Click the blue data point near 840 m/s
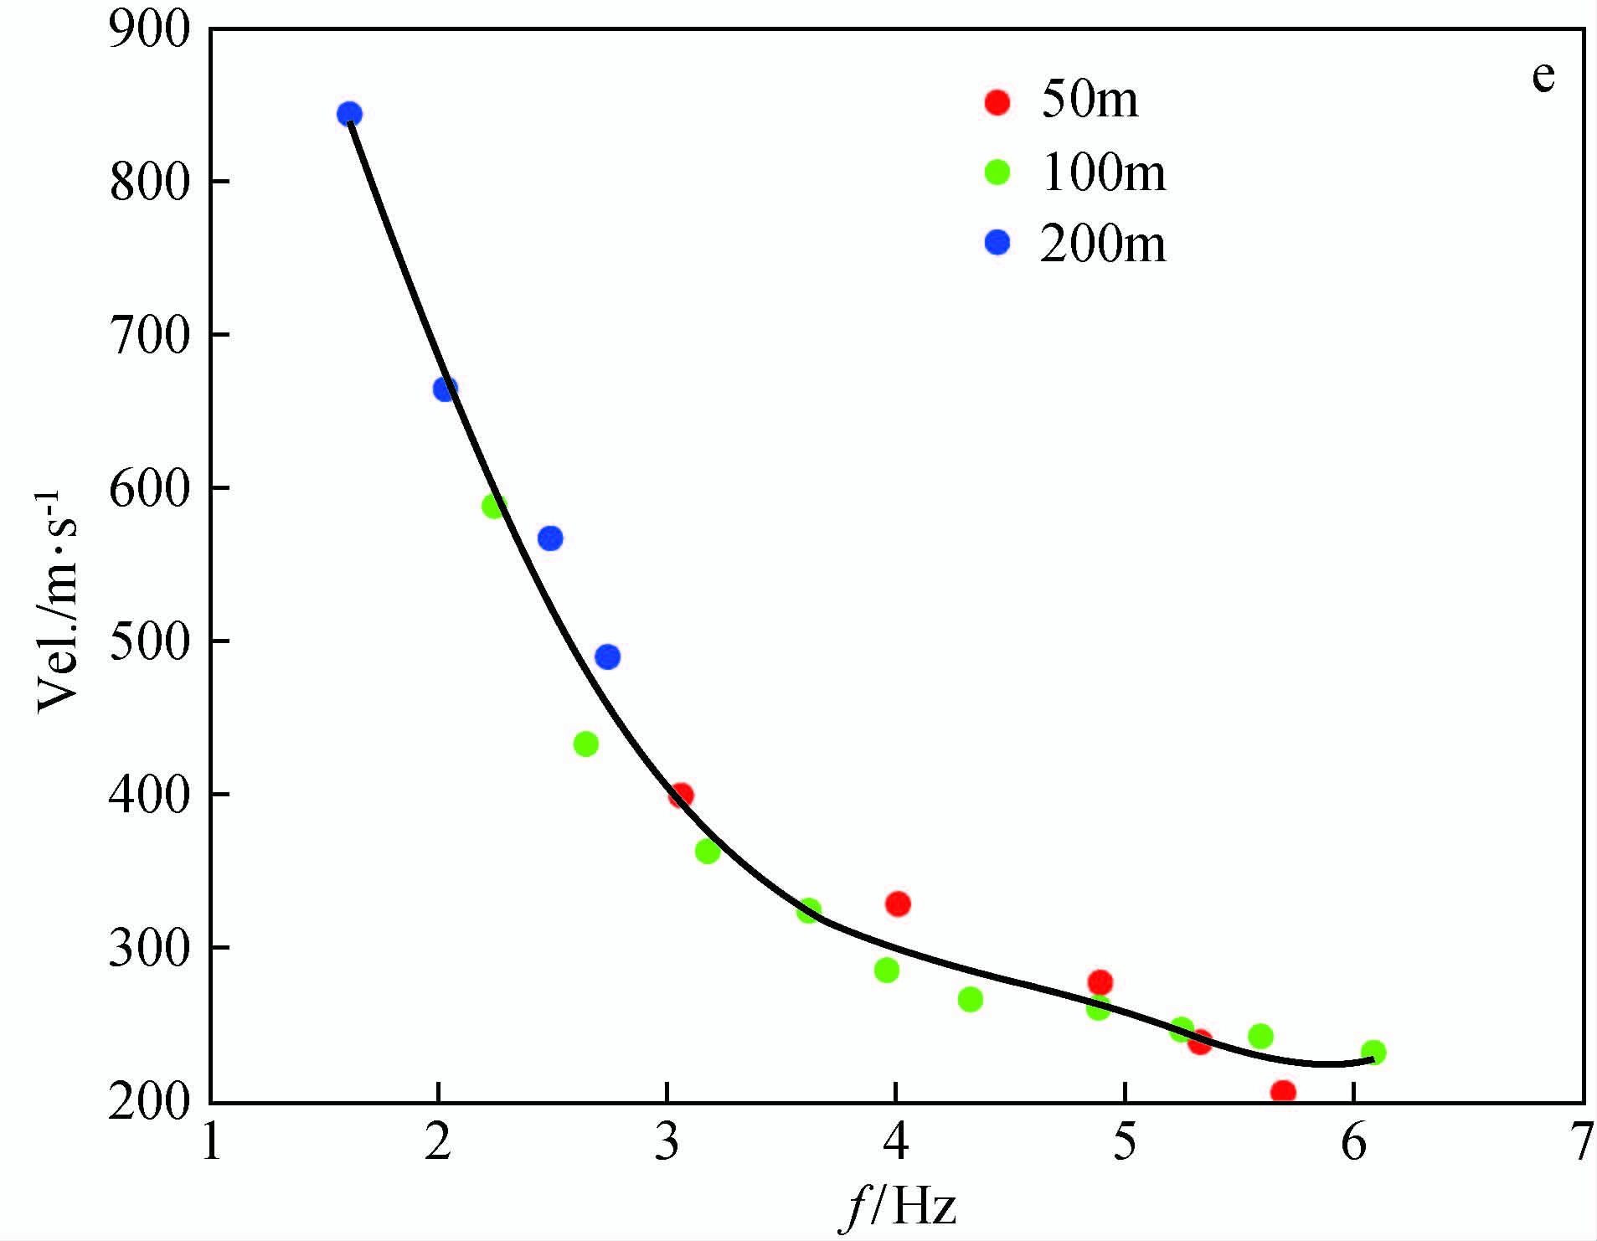pos(349,114)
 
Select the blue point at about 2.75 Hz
pos(608,657)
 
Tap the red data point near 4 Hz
pos(898,904)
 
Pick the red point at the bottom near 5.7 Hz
pos(1283,1091)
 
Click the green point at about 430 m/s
pos(586,744)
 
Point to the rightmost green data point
pos(1373,1052)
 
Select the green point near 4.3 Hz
pos(971,999)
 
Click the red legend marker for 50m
pos(997,102)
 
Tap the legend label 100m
pos(1102,173)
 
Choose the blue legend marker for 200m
pos(997,243)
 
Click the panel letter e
pos(1543,77)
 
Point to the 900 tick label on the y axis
pos(150,31)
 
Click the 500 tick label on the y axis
pos(150,641)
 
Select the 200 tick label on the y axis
pos(150,1101)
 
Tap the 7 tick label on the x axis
pos(1581,1142)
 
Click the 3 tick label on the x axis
pos(667,1142)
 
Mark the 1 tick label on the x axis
pos(211,1142)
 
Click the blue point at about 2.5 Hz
pos(550,538)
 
